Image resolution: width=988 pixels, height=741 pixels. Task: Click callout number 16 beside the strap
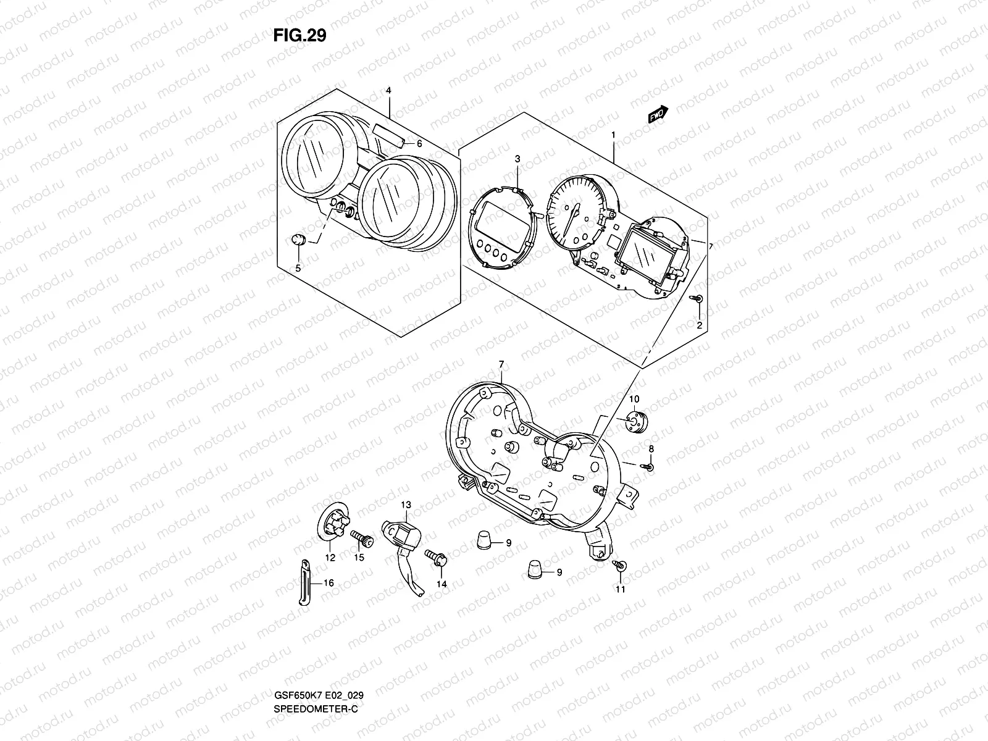328,582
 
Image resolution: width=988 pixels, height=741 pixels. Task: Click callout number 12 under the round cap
330,558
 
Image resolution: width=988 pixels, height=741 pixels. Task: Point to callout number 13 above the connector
405,505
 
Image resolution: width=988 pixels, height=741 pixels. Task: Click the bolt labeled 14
440,560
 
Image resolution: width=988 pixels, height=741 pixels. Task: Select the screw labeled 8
649,467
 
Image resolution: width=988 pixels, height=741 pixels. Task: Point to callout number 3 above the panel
517,159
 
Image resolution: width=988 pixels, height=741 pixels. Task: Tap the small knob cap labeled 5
298,240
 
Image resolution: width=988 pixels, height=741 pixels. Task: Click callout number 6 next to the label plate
419,144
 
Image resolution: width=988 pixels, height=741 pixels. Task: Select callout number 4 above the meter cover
388,91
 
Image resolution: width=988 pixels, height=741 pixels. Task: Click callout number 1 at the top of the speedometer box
613,135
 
